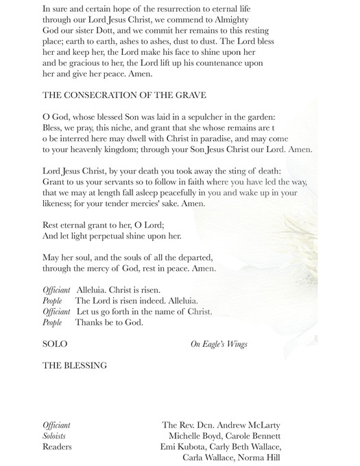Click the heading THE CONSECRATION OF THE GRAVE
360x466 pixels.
[124, 95]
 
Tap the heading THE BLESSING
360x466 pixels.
[75, 365]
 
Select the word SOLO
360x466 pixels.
[55, 343]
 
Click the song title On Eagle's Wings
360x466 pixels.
[219, 344]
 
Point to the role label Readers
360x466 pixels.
[57, 447]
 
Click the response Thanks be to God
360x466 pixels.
[109, 322]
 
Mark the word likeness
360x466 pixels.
[60, 204]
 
